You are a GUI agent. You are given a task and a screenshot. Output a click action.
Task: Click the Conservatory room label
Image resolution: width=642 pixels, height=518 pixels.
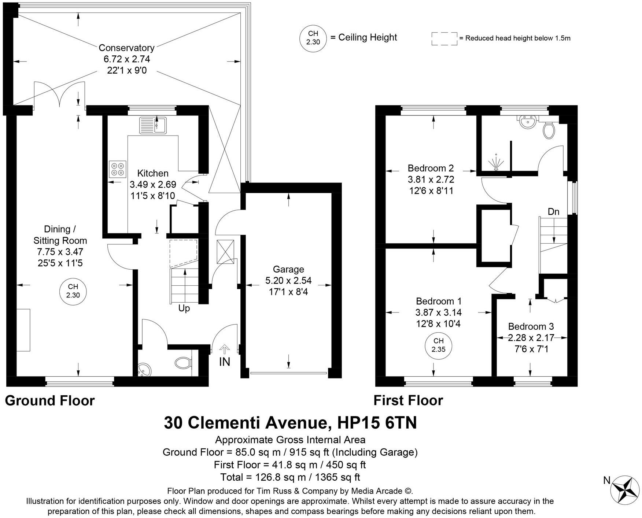pyautogui.click(x=126, y=48)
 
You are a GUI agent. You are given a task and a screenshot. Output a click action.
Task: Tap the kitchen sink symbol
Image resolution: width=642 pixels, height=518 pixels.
pyautogui.click(x=153, y=125)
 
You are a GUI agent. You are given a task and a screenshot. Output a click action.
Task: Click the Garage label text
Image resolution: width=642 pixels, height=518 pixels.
pyautogui.click(x=288, y=270)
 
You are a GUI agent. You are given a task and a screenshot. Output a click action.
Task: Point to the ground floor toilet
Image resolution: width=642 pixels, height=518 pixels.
pyautogui.click(x=184, y=363)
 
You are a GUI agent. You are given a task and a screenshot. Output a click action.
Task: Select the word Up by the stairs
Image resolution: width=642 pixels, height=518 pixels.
pyautogui.click(x=184, y=308)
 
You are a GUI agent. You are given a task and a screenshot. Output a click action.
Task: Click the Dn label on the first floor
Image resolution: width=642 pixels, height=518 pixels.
pyautogui.click(x=553, y=212)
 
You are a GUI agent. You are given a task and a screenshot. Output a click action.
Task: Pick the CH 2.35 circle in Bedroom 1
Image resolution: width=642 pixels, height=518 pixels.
pyautogui.click(x=438, y=345)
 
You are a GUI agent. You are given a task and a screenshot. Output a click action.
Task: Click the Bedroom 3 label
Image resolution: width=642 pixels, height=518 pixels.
pyautogui.click(x=531, y=326)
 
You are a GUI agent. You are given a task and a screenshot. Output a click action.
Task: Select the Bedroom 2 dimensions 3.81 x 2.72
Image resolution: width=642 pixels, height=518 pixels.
pyautogui.click(x=431, y=180)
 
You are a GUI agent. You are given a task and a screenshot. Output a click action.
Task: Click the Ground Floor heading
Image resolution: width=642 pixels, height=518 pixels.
pyautogui.click(x=50, y=401)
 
